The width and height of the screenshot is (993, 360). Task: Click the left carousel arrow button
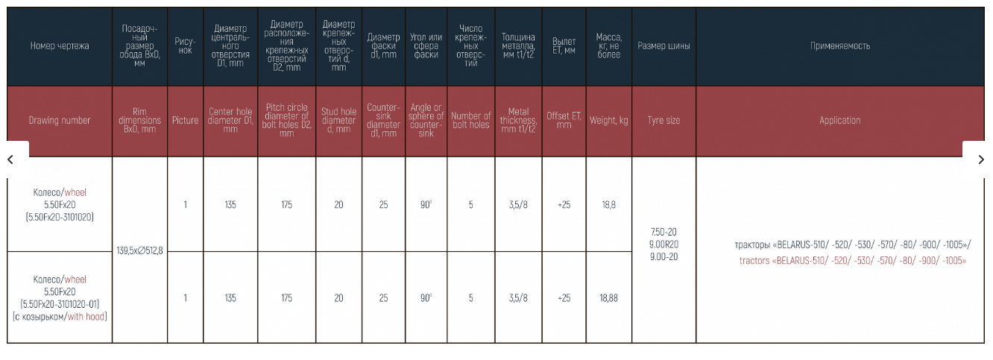pyautogui.click(x=10, y=160)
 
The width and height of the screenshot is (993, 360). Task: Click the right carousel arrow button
pyautogui.click(x=981, y=160)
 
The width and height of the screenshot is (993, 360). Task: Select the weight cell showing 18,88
pyautogui.click(x=608, y=298)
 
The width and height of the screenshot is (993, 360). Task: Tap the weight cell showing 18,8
pyautogui.click(x=608, y=204)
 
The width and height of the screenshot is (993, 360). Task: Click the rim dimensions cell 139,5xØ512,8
pyautogui.click(x=140, y=251)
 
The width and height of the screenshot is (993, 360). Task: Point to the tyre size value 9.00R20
pyautogui.click(x=663, y=244)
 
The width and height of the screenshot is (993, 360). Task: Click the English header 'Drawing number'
pyautogui.click(x=60, y=121)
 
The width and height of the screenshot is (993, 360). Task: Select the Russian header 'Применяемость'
pyautogui.click(x=840, y=46)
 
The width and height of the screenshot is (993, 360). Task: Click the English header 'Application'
pyautogui.click(x=840, y=121)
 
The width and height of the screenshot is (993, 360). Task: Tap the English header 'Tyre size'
pyautogui.click(x=663, y=121)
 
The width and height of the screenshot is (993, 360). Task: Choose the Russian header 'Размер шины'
pyautogui.click(x=663, y=46)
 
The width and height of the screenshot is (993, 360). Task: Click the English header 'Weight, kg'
pyautogui.click(x=608, y=121)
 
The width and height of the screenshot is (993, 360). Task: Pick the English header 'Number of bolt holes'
pyautogui.click(x=470, y=121)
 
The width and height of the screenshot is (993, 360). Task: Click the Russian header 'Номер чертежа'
pyautogui.click(x=60, y=46)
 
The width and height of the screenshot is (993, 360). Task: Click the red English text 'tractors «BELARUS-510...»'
pyautogui.click(x=852, y=261)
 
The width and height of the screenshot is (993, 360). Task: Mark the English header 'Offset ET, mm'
pyautogui.click(x=564, y=121)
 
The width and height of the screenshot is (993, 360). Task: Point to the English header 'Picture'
pyautogui.click(x=185, y=121)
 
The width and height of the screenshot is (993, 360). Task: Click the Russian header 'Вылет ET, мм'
pyautogui.click(x=564, y=46)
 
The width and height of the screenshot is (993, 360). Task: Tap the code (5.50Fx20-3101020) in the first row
pyautogui.click(x=60, y=217)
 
